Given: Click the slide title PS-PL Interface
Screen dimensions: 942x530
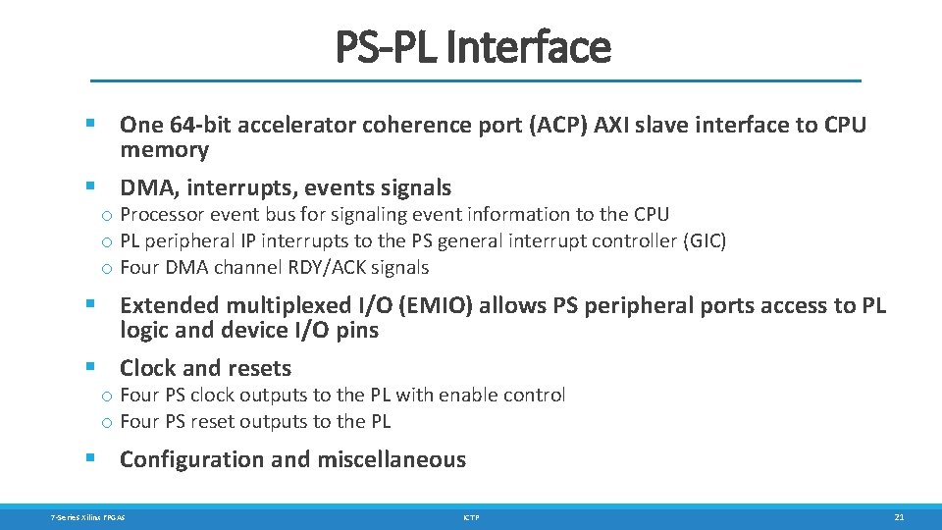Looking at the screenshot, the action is point(472,46).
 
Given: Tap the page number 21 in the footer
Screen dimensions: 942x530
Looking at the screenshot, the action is point(898,516).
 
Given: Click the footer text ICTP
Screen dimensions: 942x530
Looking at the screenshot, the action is point(471,516).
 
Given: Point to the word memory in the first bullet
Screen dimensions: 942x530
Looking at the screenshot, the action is point(164,150).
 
